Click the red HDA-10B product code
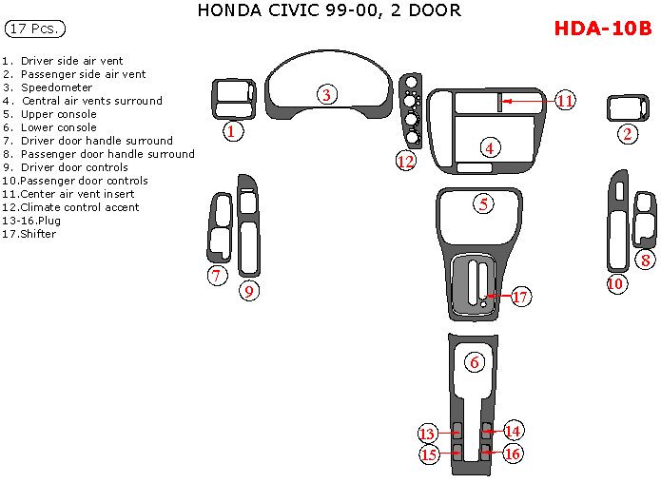(x=602, y=29)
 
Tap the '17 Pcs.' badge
(x=35, y=29)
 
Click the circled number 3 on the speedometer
(x=326, y=94)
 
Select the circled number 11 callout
(x=565, y=100)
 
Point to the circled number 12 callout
(x=406, y=161)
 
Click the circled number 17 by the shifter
(x=520, y=297)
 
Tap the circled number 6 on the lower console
(x=474, y=361)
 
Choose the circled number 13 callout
(x=428, y=432)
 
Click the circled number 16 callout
(x=513, y=454)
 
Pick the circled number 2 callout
(x=627, y=134)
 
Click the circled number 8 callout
(x=645, y=260)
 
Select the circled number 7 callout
(x=218, y=276)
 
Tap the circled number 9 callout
(x=248, y=291)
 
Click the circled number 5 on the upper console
(x=484, y=203)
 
